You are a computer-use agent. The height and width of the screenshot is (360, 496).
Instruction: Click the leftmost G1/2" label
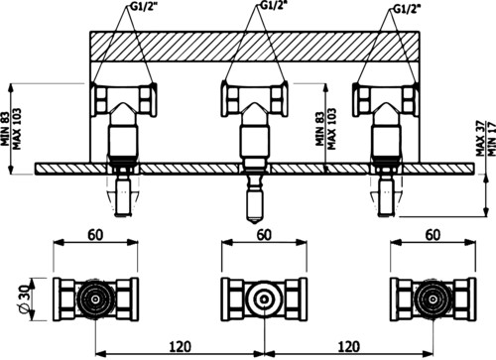click(141, 6)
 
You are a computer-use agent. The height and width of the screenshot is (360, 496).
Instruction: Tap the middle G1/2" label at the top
click(273, 6)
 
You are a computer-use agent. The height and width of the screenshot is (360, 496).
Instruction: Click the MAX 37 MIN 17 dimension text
click(486, 139)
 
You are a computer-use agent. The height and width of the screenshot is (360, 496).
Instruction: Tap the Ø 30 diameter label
click(24, 300)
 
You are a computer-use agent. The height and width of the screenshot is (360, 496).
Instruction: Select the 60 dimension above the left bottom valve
click(95, 234)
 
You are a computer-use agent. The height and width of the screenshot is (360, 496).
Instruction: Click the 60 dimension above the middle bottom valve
click(264, 234)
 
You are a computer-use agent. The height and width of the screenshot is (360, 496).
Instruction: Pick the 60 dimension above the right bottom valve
click(433, 234)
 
